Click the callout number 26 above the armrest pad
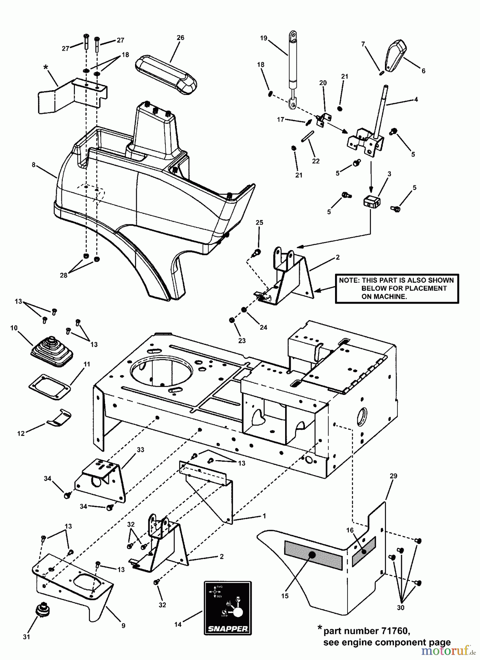point(180,37)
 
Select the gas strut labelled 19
point(292,70)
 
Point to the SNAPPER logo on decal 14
point(228,628)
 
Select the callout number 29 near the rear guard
point(393,476)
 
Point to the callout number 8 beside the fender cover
point(33,165)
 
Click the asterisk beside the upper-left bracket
point(46,67)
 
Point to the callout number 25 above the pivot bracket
point(259,223)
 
